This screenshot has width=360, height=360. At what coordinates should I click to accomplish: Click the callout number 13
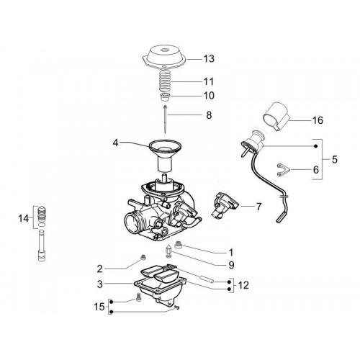click(209, 59)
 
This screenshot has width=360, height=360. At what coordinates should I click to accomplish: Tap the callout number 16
click(318, 120)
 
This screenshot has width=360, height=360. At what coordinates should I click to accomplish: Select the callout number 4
click(116, 143)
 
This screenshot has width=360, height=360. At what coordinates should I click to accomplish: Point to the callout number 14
click(24, 219)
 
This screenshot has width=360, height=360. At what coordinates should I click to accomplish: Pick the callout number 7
click(258, 207)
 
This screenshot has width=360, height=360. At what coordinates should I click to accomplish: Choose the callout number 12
click(243, 286)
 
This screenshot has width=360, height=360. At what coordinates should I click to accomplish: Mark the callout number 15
click(99, 307)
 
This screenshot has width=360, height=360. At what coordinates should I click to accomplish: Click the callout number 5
click(335, 159)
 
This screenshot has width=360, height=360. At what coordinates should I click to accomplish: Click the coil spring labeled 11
click(166, 81)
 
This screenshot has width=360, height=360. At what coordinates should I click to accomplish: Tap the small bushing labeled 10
click(166, 98)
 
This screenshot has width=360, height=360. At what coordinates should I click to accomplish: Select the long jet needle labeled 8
click(166, 119)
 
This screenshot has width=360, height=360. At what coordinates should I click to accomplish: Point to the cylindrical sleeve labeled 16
click(276, 117)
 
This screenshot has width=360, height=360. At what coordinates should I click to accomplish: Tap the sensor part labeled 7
click(225, 205)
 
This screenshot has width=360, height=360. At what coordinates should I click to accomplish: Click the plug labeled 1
click(179, 245)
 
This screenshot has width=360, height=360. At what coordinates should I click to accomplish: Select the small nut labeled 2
click(143, 258)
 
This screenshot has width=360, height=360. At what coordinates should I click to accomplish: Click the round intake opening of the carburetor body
click(132, 223)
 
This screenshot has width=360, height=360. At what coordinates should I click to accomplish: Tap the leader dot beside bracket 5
click(316, 146)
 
